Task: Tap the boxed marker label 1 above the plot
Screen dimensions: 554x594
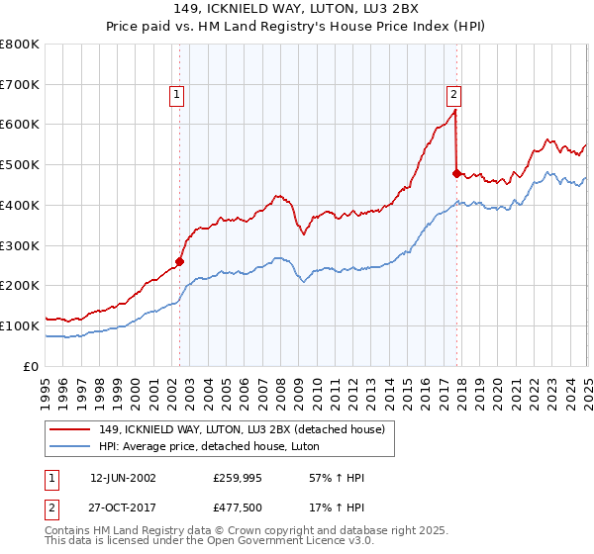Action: click(x=176, y=95)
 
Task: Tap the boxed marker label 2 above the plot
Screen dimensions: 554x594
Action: click(x=453, y=95)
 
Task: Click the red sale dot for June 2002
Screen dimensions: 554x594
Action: click(x=180, y=262)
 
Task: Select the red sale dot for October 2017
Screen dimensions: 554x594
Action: click(x=456, y=174)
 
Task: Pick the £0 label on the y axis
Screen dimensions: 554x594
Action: click(x=31, y=366)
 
